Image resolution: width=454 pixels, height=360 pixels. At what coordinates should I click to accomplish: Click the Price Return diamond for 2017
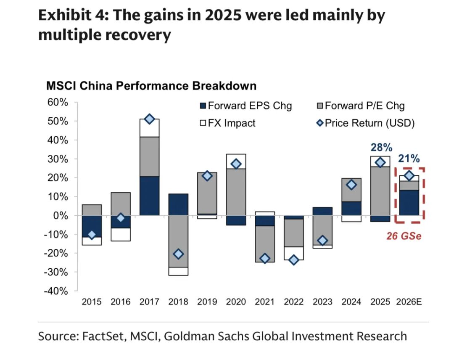pos(149,119)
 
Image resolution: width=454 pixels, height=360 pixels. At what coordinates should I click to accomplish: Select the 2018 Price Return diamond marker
pos(178,254)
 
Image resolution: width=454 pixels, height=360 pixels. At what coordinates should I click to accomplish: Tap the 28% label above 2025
pos(381,148)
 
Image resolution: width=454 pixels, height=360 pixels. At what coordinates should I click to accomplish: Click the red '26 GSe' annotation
pos(404,236)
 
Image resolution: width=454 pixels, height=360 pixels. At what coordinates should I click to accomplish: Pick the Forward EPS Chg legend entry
pos(250,105)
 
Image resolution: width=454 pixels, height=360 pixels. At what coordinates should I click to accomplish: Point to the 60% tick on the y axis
pos(57,102)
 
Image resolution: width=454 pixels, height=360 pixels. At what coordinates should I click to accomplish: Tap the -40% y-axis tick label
pos(55,291)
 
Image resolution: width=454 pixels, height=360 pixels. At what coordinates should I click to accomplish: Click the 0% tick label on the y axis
pos(61,215)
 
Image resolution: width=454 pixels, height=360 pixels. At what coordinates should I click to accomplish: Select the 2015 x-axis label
pos(92,302)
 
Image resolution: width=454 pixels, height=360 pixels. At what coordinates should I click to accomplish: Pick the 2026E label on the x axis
pos(409,302)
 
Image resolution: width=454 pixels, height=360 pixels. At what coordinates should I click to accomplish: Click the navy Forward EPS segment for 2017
pos(149,196)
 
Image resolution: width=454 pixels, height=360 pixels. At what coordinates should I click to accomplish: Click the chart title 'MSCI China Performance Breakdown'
pos(151,86)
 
